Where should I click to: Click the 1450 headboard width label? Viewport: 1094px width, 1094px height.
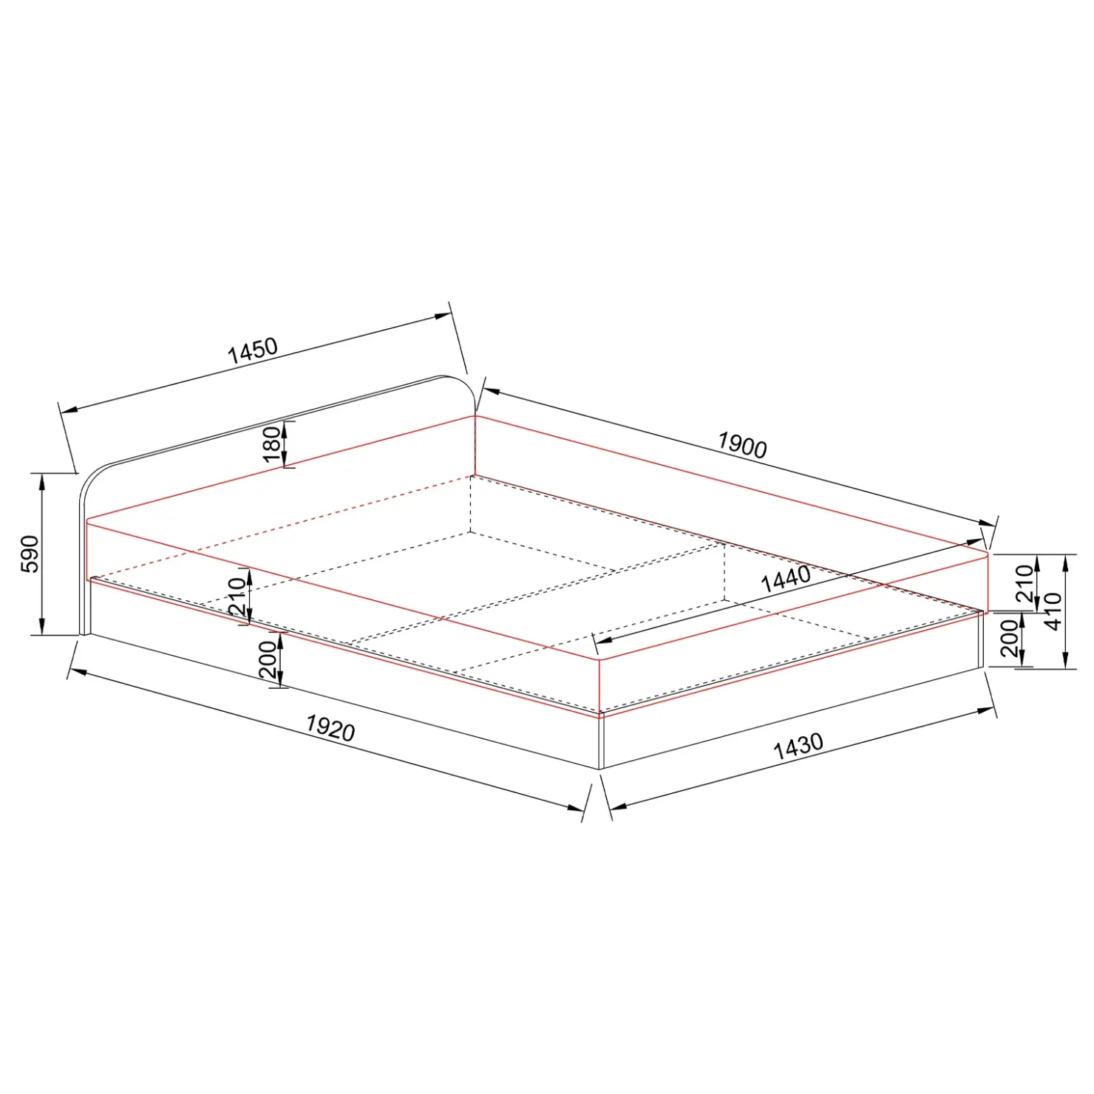coord(253,351)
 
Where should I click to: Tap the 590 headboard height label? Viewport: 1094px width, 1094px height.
coord(30,554)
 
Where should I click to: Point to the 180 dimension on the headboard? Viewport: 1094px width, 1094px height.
coord(273,444)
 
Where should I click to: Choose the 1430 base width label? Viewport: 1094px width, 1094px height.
coord(798,746)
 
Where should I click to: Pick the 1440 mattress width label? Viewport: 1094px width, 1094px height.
coord(786,579)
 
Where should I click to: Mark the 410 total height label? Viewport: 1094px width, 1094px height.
coord(1053,611)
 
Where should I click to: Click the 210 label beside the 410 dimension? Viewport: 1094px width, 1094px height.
coord(1025,583)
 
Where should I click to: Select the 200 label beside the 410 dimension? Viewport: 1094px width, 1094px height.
coord(1010,639)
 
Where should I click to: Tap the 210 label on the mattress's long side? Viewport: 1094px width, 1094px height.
coord(237,596)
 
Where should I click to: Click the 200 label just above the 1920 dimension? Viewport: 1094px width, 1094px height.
coord(268,659)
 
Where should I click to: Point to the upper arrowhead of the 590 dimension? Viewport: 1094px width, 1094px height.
coord(43,480)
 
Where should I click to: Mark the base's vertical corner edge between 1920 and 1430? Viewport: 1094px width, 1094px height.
coord(601,742)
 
